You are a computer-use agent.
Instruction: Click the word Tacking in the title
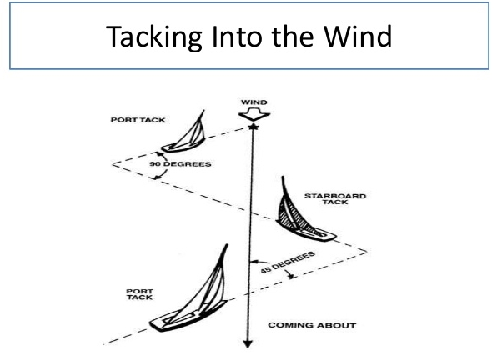point(154,37)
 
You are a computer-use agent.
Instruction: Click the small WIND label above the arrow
point(254,102)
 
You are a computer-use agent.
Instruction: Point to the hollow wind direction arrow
point(254,114)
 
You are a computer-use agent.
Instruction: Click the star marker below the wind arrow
point(254,127)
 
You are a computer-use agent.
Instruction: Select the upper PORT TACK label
point(138,120)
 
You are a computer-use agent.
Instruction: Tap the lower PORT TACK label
point(139,294)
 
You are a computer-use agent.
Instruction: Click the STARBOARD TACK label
point(335,199)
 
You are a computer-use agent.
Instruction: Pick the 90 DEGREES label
point(180,164)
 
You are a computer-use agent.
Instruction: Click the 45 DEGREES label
point(288,262)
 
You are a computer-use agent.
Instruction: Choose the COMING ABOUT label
point(312,325)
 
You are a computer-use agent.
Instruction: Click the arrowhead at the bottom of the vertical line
point(248,344)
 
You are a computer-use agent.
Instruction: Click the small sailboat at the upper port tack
point(185,134)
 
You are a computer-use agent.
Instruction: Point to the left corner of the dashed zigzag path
point(113,164)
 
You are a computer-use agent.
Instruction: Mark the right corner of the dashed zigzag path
point(367,252)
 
